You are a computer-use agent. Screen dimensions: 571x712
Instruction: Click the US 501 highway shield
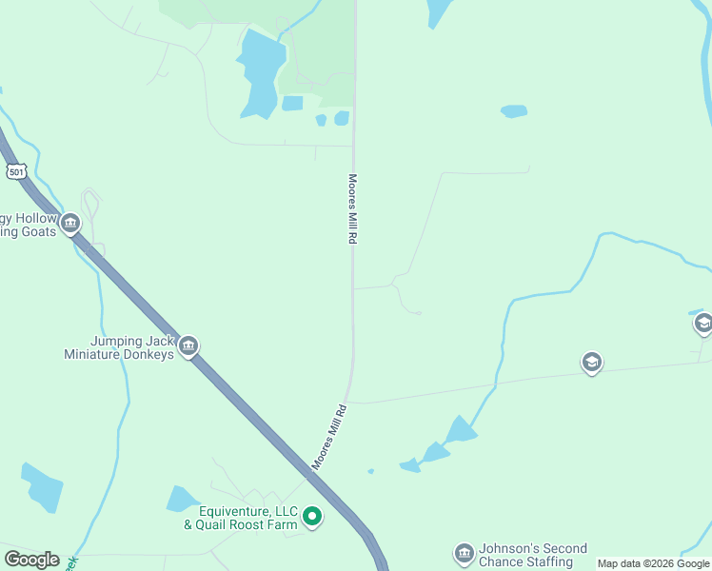point(14,171)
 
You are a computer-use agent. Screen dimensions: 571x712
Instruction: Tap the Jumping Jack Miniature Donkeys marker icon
point(188,345)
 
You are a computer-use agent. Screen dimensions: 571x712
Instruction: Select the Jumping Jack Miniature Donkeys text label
point(119,347)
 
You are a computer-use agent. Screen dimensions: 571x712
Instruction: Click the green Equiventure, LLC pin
point(311,518)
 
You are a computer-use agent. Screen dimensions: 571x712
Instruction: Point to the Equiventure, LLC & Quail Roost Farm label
point(241,518)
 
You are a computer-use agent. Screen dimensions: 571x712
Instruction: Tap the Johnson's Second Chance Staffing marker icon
point(464,554)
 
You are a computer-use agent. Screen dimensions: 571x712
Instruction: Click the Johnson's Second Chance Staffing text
point(532,555)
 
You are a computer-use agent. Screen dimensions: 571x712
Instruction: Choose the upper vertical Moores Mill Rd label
point(351,209)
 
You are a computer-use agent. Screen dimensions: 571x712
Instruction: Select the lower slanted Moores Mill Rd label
point(329,436)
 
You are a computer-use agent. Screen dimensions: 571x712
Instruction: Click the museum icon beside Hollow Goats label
point(69,225)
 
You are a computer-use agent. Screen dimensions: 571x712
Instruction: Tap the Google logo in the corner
point(31,560)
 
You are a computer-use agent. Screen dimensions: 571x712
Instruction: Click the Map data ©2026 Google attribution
point(653,563)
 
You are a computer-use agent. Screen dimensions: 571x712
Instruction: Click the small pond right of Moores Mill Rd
point(513,111)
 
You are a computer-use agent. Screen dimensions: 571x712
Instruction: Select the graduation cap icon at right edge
point(703,325)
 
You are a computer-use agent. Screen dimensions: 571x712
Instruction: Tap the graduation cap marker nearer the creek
point(591,363)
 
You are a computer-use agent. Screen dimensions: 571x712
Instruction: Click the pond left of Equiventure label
point(182,499)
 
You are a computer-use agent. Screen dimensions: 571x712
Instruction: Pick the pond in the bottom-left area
point(43,486)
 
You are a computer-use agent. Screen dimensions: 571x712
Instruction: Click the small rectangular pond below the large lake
point(292,103)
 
